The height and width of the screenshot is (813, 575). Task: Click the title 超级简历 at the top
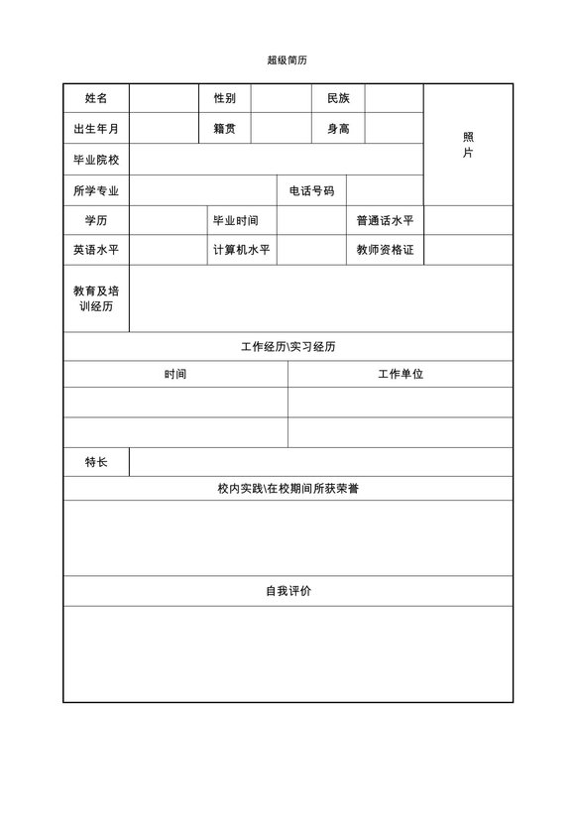(287, 59)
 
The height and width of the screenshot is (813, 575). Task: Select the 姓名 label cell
(96, 98)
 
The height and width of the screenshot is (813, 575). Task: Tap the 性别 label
(224, 98)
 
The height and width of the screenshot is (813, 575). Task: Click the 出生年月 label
(96, 129)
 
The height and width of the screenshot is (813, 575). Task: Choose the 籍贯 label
(224, 129)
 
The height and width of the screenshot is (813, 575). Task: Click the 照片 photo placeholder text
(468, 145)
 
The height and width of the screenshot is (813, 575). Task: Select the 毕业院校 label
(96, 160)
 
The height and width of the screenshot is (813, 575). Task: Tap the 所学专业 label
(96, 190)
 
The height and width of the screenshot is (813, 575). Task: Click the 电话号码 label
(311, 190)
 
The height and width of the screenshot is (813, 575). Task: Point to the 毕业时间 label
(236, 220)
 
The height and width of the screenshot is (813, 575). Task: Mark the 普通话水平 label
(385, 220)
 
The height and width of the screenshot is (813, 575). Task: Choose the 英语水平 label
(96, 250)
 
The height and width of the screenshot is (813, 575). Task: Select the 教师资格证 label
(385, 250)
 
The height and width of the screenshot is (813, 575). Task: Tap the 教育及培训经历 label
(96, 298)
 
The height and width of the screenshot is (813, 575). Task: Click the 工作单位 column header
(401, 374)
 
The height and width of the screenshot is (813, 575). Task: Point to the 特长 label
(96, 462)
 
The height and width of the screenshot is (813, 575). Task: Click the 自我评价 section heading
(287, 591)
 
